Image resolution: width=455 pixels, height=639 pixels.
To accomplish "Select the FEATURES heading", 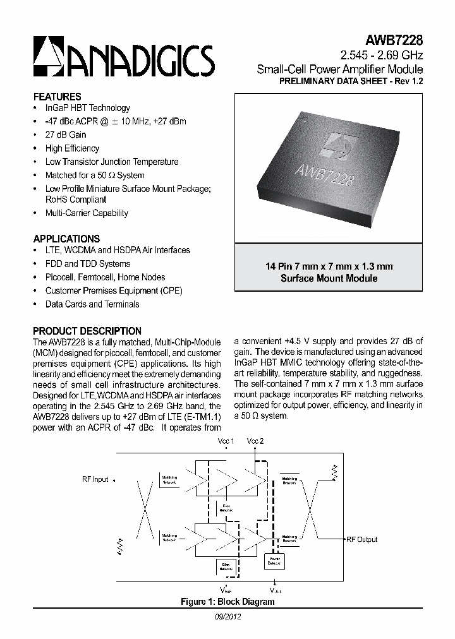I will (57, 97).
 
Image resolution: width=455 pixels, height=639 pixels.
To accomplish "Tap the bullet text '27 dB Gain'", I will (66, 134).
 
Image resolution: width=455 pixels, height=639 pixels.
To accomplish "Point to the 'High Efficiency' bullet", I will (72, 148).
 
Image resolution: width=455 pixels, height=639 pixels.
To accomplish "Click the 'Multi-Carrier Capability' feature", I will (87, 213).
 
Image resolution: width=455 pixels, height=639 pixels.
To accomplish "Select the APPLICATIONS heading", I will (66, 239).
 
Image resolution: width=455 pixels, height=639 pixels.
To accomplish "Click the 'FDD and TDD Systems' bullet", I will (88, 264).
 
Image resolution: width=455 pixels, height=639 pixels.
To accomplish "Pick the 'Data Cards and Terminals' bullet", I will (92, 304).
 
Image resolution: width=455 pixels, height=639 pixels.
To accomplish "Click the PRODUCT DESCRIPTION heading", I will (87, 331).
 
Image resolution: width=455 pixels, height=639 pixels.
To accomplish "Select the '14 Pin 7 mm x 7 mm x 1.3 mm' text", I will (329, 266).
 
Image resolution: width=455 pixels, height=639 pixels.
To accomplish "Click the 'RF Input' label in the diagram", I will (95, 479).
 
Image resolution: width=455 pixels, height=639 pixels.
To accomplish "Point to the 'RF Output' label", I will (361, 539).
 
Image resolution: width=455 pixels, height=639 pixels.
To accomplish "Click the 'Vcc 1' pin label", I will (226, 441).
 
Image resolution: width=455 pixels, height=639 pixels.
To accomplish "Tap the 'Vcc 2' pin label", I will (255, 441).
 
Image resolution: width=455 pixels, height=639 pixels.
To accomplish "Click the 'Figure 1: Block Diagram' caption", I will (227, 602).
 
